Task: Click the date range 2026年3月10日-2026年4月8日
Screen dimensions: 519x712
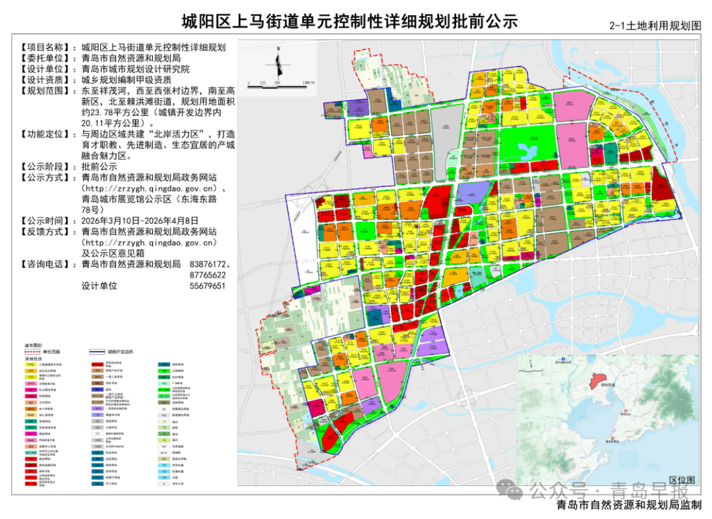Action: click(x=139, y=221)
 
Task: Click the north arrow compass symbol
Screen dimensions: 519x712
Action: click(x=280, y=63)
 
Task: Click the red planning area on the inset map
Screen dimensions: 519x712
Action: click(x=597, y=380)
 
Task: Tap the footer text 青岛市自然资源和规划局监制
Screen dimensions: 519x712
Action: click(x=629, y=506)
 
